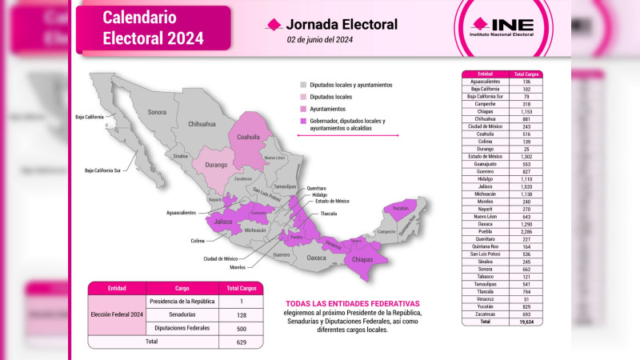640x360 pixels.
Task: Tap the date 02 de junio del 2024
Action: click(319, 40)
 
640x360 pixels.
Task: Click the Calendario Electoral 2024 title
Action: click(153, 28)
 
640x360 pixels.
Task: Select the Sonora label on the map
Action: click(156, 111)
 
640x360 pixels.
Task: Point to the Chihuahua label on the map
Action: click(202, 125)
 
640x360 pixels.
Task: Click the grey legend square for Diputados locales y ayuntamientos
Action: click(302, 84)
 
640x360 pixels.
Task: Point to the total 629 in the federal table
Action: click(241, 341)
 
